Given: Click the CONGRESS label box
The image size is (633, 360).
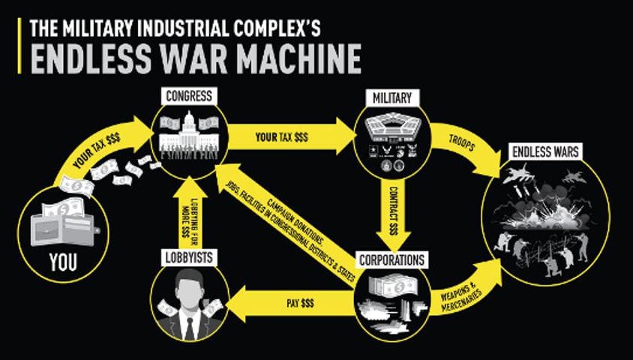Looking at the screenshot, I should click(x=187, y=96).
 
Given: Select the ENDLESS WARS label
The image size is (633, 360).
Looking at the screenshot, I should click(x=544, y=152).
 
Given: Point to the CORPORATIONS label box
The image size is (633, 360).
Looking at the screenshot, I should click(x=391, y=260).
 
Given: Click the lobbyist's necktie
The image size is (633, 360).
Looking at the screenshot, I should click(x=189, y=325).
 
